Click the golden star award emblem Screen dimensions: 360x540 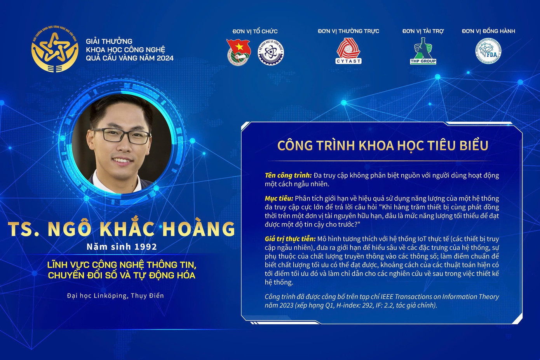(x=55, y=49)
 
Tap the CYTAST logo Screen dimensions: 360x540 (x=348, y=51)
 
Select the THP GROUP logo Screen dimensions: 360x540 (x=423, y=51)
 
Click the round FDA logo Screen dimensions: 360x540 (x=488, y=51)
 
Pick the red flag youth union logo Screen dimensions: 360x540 (x=239, y=52)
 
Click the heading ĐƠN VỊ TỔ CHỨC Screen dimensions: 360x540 (x=255, y=31)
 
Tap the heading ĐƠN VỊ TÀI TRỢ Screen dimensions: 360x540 (x=423, y=31)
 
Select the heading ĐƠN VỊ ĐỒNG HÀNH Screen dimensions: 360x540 (x=488, y=31)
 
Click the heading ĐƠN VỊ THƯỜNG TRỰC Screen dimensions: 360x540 (x=348, y=31)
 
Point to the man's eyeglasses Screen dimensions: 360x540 (x=121, y=136)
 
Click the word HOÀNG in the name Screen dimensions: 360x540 (x=199, y=229)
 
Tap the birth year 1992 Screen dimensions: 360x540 (x=146, y=247)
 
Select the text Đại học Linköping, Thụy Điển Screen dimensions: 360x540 (x=115, y=296)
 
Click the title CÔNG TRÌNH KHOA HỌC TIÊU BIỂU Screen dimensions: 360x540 (x=383, y=146)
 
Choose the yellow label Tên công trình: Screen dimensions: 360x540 (x=288, y=176)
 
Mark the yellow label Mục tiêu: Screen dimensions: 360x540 (x=279, y=198)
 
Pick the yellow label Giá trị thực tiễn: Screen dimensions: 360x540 (x=290, y=239)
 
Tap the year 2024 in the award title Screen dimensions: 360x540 (x=165, y=58)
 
